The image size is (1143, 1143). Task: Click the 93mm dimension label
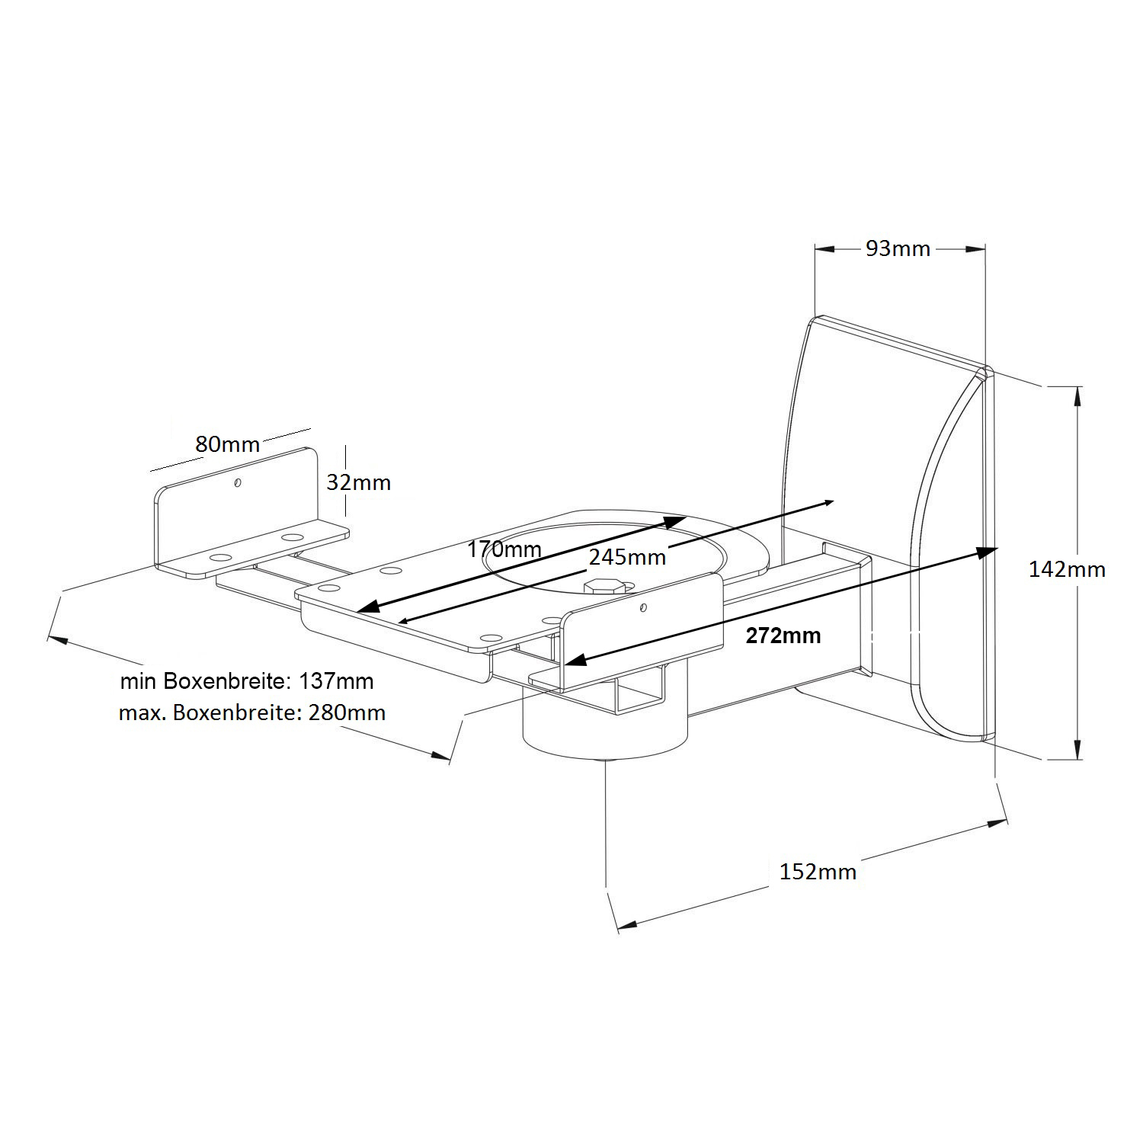point(898,248)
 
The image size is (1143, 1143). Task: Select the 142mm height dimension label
point(1067,569)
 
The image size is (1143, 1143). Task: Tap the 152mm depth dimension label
point(818,872)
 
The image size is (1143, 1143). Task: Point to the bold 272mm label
point(783,636)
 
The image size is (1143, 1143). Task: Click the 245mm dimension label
point(627,557)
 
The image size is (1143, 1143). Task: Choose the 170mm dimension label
point(504,549)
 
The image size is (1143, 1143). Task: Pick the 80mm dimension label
point(227,443)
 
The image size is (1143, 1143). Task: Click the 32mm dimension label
point(358,482)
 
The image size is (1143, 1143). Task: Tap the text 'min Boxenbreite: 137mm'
point(247,680)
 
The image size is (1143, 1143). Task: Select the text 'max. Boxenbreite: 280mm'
point(252,713)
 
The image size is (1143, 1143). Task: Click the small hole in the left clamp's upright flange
point(238,482)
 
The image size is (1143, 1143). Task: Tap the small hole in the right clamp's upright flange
point(644,607)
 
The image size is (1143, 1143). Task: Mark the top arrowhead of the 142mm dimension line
point(1078,396)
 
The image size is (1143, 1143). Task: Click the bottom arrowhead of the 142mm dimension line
point(1078,749)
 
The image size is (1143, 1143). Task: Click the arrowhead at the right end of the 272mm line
point(986,551)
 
